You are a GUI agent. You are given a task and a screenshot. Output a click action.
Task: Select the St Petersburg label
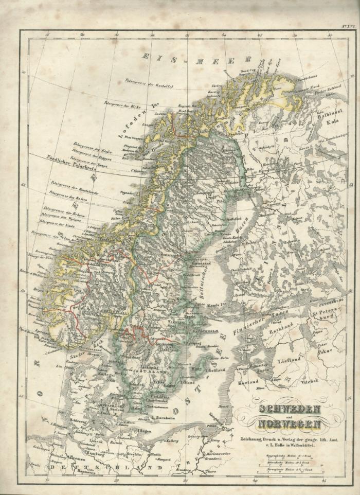pos(325,313)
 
